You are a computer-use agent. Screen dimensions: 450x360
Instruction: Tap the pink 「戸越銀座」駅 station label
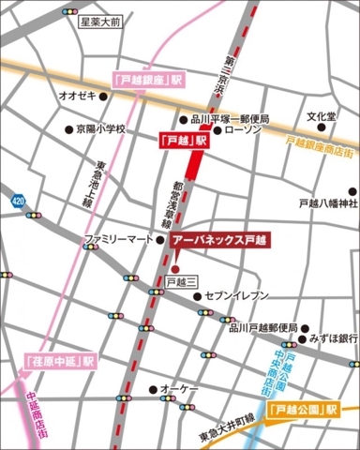pos(145,80)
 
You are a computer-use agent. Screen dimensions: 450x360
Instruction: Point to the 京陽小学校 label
pos(99,129)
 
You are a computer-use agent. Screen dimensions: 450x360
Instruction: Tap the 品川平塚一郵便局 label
pos(230,119)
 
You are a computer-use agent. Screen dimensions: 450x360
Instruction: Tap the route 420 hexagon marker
pos(18,199)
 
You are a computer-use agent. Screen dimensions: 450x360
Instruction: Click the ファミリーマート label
pos(118,240)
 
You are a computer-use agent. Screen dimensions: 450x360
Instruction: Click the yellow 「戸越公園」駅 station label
pos(301,409)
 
